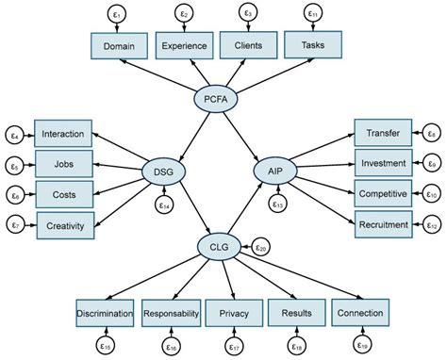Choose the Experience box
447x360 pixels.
coord(184,45)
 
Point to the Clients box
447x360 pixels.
coord(248,45)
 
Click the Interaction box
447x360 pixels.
coord(64,134)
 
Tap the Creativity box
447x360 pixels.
coord(64,224)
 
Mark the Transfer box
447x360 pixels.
coord(383,134)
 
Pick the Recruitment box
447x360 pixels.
coord(383,224)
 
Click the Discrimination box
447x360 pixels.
coord(105,312)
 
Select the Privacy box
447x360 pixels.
coord(233,312)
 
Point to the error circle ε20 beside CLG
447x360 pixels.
coord(261,247)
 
